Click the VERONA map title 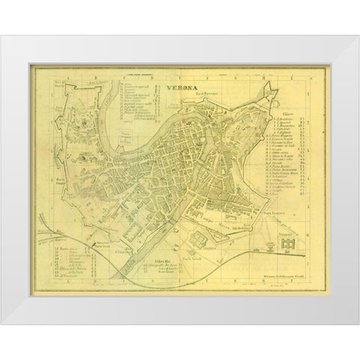click(173, 87)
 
